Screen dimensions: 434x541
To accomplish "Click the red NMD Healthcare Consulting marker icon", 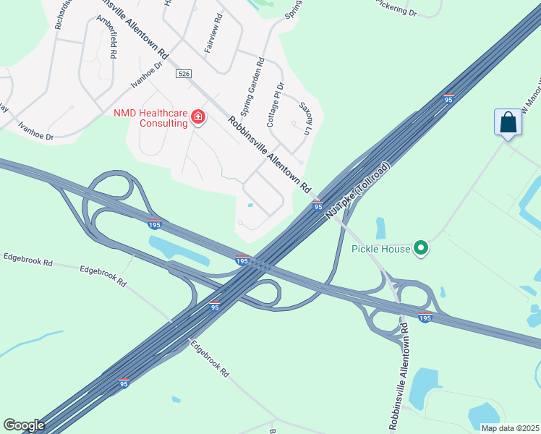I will tap(197, 116).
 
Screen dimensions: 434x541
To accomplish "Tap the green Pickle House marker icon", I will tap(421, 250).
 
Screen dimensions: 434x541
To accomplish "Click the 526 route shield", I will tap(182, 74).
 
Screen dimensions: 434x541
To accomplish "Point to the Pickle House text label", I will tap(380, 250).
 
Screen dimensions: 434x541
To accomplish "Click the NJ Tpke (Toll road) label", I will tap(357, 191).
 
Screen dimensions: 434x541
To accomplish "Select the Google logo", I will tap(23, 425).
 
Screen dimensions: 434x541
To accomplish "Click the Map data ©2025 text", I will tap(509, 428).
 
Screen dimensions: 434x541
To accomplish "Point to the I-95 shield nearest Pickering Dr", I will tap(448, 99).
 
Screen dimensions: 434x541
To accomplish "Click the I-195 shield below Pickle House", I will tap(425, 317).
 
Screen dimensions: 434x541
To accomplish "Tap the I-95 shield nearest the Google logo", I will tap(124, 383).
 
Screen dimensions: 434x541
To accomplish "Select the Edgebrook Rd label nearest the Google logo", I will tap(210, 358).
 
